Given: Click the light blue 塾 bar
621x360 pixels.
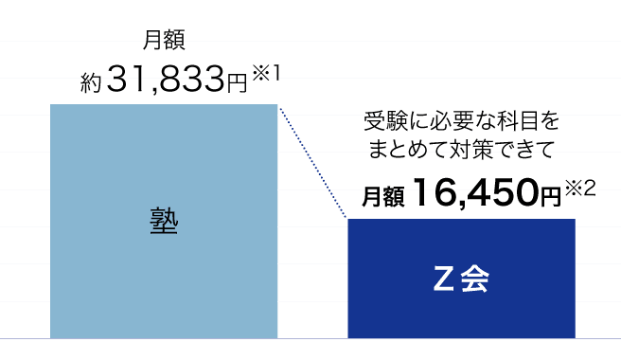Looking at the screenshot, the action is tap(164, 222).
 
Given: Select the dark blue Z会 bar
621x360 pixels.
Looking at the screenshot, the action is tap(461, 279).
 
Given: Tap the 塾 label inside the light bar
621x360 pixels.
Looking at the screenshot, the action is tap(164, 221).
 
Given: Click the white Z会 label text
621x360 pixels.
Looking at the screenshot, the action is tap(461, 279).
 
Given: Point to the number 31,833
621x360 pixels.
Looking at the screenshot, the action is tap(166, 79).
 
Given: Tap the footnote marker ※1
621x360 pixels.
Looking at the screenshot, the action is tap(266, 73).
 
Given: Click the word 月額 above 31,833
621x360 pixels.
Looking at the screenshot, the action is tap(164, 40).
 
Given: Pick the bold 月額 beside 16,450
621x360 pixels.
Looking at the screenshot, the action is tap(383, 196).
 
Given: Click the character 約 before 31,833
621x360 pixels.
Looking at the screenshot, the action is tap(91, 82).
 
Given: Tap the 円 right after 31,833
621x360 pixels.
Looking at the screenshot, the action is tap(237, 83).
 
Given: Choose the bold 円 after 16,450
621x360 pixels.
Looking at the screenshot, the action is tap(551, 196).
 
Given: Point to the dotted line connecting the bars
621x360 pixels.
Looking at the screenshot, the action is tap(313, 162).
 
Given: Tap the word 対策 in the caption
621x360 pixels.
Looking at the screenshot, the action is tap(470, 150).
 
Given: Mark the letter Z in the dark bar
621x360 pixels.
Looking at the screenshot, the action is tap(443, 279).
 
